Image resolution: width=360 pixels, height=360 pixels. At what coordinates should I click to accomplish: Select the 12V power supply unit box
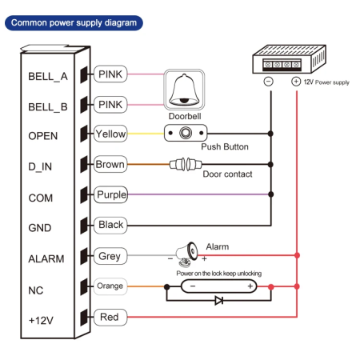click(285, 61)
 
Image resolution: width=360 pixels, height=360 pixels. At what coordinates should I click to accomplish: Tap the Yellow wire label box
click(110, 134)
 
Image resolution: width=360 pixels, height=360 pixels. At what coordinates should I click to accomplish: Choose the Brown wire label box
click(110, 165)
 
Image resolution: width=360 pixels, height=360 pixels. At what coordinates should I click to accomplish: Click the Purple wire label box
click(110, 195)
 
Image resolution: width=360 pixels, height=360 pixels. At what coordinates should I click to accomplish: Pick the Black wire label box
click(110, 226)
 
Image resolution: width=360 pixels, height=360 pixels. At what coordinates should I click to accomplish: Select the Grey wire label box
click(109, 257)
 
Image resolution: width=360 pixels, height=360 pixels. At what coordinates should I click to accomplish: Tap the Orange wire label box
click(110, 286)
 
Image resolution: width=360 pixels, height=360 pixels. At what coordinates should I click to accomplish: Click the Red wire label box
click(109, 318)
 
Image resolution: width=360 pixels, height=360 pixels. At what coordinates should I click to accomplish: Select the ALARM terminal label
click(46, 258)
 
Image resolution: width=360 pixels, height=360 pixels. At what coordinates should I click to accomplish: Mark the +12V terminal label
click(42, 319)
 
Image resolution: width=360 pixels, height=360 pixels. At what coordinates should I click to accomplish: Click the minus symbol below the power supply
click(269, 82)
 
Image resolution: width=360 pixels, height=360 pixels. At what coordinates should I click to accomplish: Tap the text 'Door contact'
click(227, 174)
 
